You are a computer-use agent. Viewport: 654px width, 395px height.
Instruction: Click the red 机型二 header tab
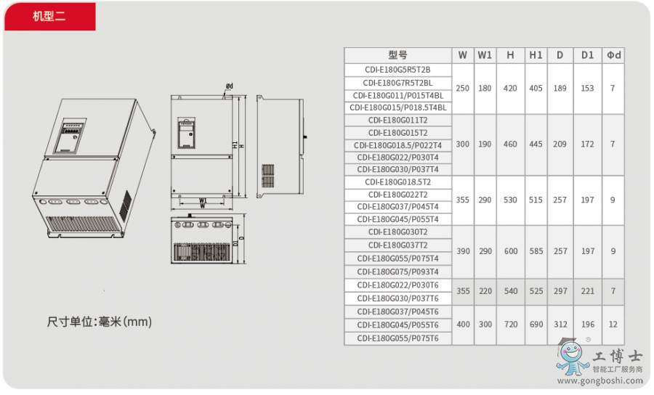(x=50, y=16)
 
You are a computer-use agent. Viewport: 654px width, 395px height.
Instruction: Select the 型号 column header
(x=398, y=55)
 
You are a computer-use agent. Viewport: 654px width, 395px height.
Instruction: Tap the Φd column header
(x=613, y=55)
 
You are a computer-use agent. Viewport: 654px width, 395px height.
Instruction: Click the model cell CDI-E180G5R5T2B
(x=398, y=70)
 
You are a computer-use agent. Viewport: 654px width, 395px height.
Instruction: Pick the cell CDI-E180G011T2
(x=398, y=121)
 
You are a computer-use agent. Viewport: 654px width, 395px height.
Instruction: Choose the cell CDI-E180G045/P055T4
(x=398, y=219)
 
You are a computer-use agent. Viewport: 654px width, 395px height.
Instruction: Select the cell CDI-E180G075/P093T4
(x=398, y=272)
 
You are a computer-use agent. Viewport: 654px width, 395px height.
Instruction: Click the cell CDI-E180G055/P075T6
(x=398, y=338)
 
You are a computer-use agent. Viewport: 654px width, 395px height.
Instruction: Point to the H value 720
(x=511, y=324)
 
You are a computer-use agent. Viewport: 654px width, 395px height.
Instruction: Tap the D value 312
(x=560, y=324)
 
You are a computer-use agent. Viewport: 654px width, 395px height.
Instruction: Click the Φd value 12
(x=613, y=324)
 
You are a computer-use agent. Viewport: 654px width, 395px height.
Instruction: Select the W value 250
(x=463, y=89)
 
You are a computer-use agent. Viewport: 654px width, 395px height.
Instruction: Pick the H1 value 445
(x=536, y=144)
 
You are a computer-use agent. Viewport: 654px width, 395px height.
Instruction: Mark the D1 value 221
(x=588, y=291)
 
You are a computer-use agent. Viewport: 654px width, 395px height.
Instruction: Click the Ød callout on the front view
(x=230, y=86)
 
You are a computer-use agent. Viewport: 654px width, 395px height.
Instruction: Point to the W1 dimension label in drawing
(x=203, y=200)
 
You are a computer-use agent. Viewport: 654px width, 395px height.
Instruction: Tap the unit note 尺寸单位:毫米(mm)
(x=100, y=322)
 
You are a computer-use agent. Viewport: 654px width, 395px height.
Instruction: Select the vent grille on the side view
(x=267, y=176)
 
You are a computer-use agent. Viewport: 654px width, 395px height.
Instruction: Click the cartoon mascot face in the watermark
(x=570, y=354)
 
